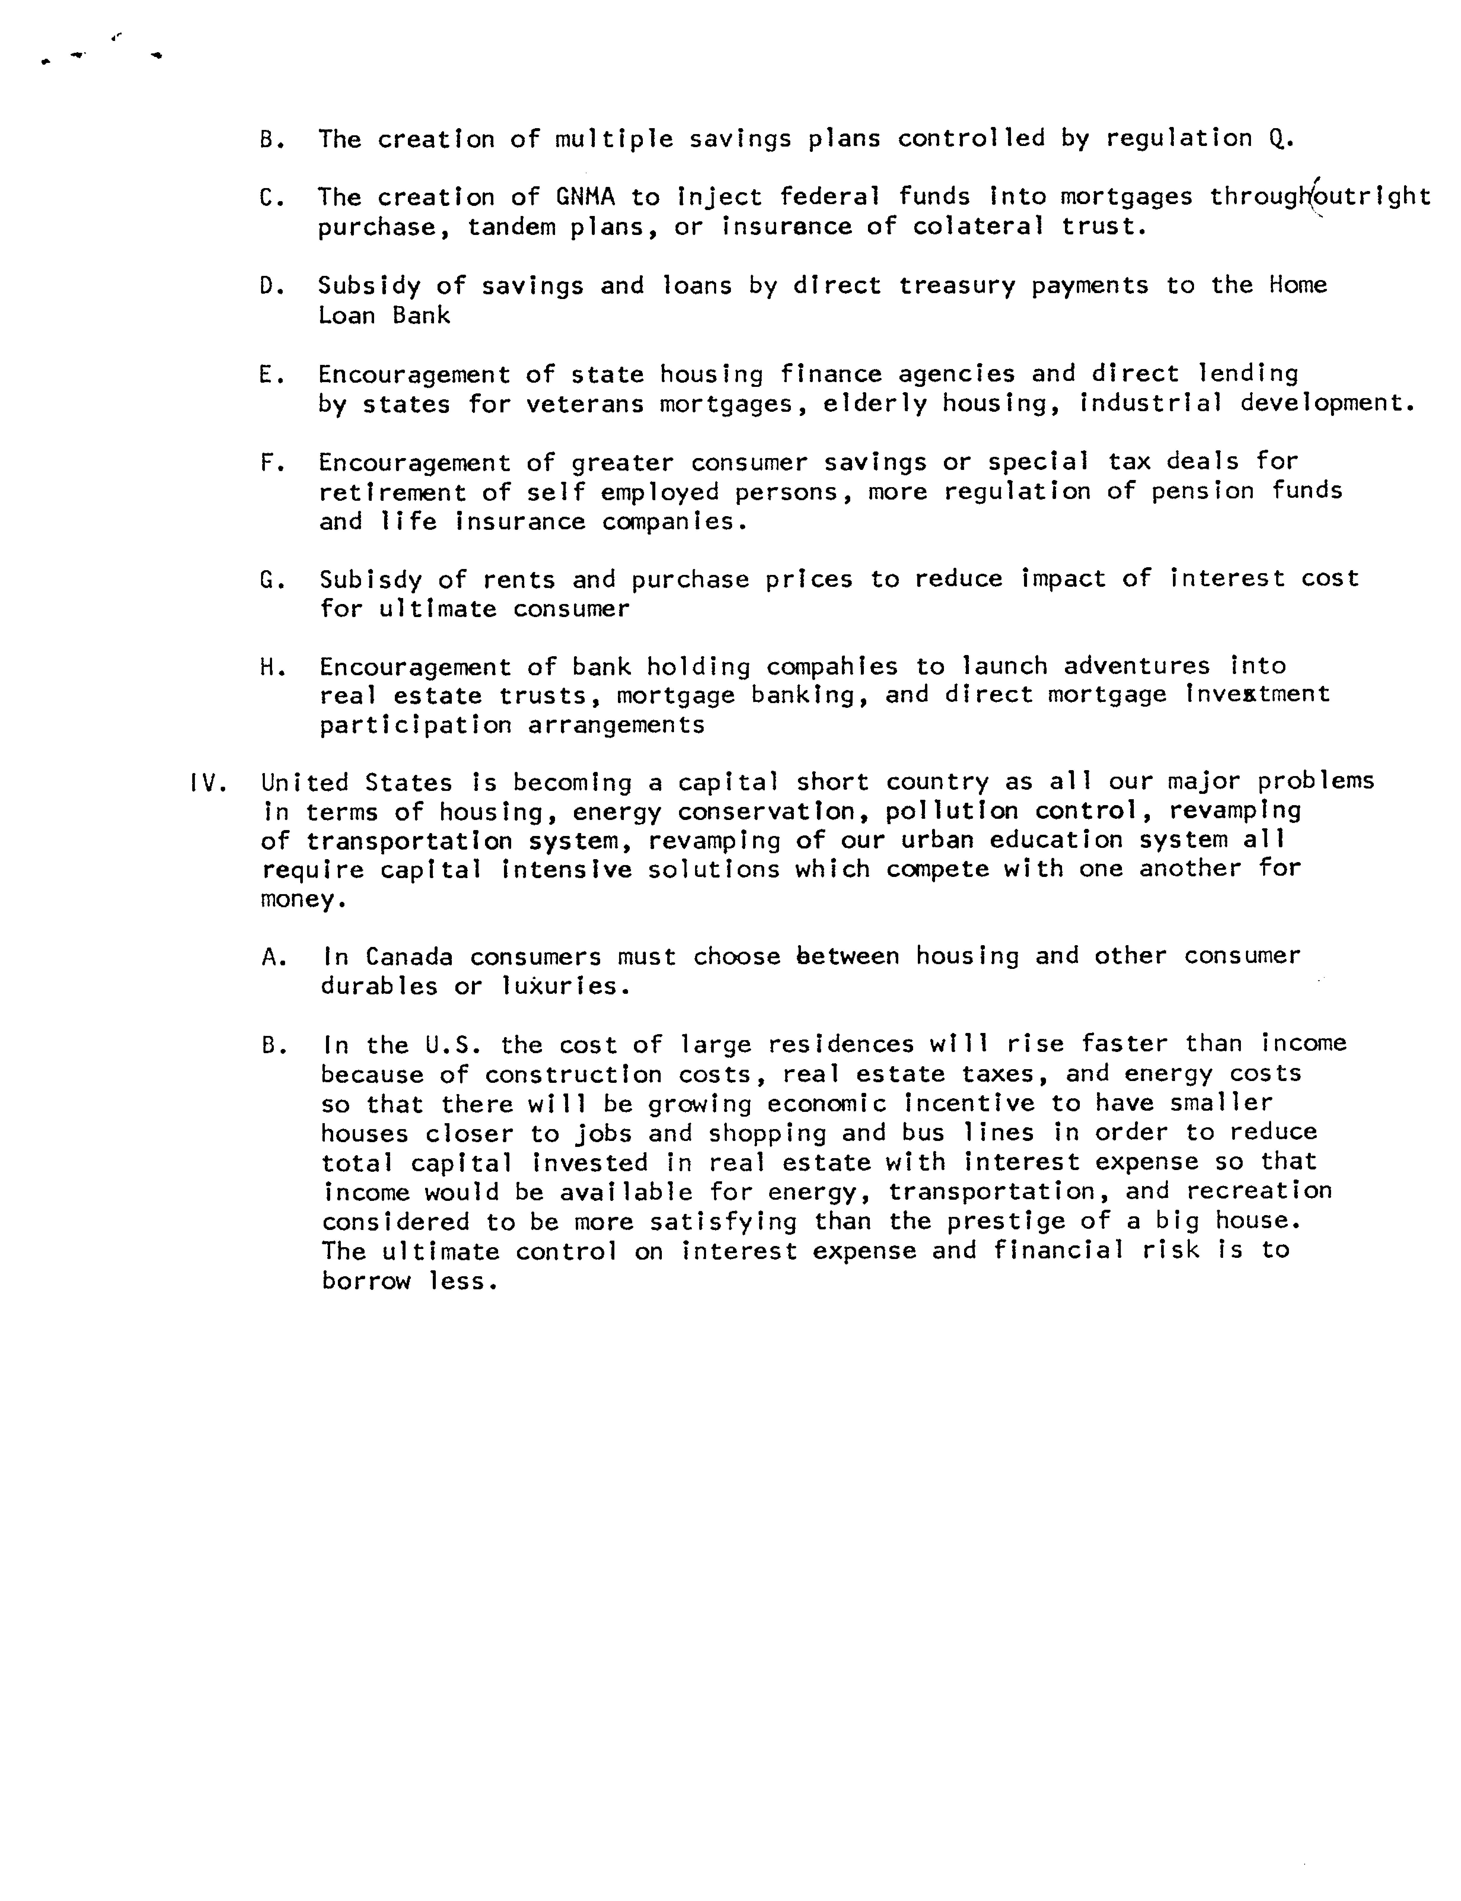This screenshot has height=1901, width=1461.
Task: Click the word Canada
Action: tap(409, 957)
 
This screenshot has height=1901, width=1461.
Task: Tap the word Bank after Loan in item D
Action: tap(421, 316)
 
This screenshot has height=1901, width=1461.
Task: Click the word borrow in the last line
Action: tap(365, 1281)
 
